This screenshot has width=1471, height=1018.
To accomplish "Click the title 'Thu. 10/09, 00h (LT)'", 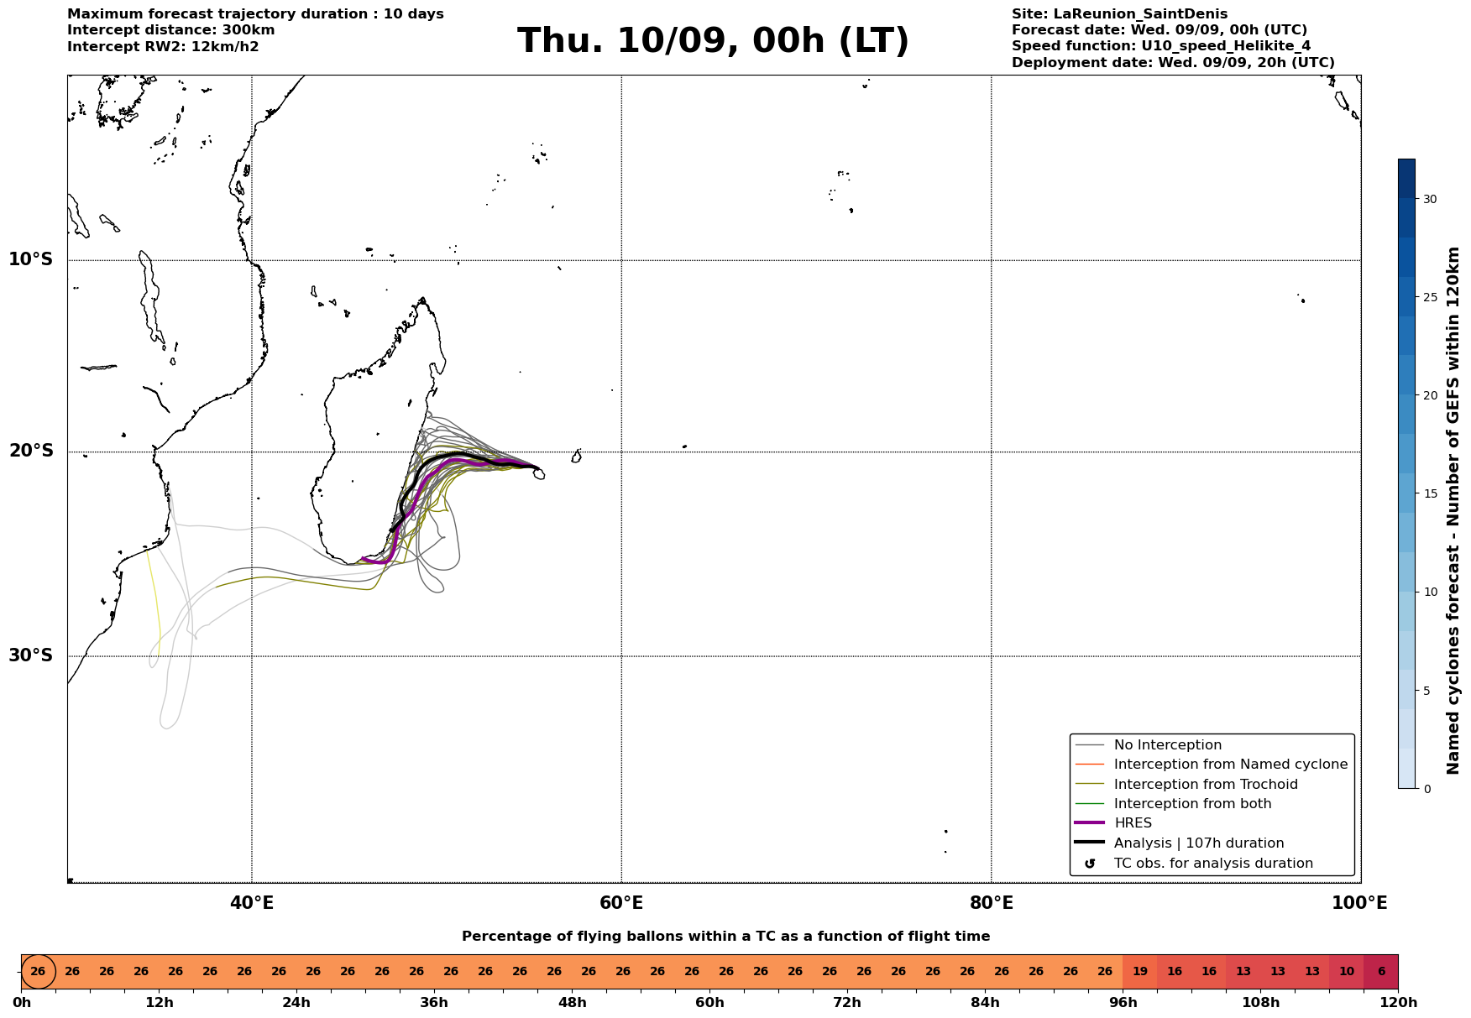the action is [713, 41].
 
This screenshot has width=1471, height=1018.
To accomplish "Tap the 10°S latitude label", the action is [30, 259].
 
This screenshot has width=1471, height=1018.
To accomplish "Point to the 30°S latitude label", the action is [30, 655].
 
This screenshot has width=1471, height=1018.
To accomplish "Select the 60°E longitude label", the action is [621, 903].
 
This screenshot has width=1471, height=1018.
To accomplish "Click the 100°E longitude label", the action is [1359, 903].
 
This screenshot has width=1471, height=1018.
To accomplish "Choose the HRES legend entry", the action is [1133, 823].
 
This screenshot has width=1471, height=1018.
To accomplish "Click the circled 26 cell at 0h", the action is [38, 972].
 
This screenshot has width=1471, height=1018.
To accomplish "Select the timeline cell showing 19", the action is [1139, 972].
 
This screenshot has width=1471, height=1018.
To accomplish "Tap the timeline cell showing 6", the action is [1381, 972].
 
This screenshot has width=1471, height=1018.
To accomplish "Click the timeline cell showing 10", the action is [1347, 972].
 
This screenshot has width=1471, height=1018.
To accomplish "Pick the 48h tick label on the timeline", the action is [572, 1003].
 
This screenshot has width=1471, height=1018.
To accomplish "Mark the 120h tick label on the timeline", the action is [1398, 1003].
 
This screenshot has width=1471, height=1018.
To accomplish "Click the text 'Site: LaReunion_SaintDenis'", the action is [1119, 14].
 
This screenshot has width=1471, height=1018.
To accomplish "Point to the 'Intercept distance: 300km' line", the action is [171, 30].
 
